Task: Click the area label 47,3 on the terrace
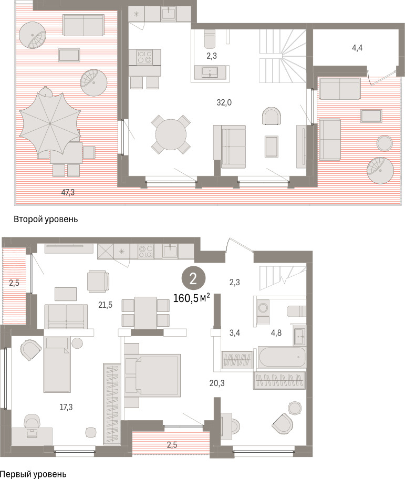click(68, 192)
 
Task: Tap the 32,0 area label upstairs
click(224, 102)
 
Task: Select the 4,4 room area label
click(357, 48)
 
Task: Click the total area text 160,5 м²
click(192, 298)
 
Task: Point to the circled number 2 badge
click(193, 278)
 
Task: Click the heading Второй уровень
click(46, 220)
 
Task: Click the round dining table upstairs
click(171, 134)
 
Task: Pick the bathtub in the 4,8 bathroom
click(282, 357)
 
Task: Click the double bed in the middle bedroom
click(153, 376)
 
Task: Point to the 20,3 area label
click(217, 383)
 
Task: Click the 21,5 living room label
click(105, 305)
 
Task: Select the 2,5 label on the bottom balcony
click(172, 445)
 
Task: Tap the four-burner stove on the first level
click(146, 251)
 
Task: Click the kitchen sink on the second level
click(168, 14)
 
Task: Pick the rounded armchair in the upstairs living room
click(272, 116)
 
